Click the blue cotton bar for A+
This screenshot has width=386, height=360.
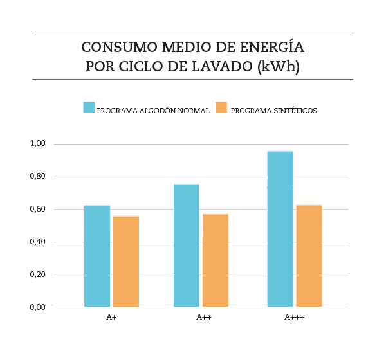coord(97,256)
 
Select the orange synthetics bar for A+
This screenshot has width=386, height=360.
coord(126,262)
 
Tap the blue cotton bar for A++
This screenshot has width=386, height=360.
coord(187,246)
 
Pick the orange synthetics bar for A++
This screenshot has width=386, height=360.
coord(216,260)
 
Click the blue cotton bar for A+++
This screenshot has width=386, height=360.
coord(280,230)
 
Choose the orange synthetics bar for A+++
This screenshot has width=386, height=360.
coord(309,256)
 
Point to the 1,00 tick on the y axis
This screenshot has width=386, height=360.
coord(37,143)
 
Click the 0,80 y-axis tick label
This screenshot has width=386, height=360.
coord(37,176)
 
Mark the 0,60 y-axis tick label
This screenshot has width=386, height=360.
coord(37,209)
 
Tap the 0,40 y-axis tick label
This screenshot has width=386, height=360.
coord(37,242)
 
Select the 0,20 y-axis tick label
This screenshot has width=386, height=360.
coord(37,274)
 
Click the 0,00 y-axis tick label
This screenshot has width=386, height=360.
coord(37,307)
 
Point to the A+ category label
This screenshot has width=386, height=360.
coord(111,318)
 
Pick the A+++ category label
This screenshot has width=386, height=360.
coord(294,318)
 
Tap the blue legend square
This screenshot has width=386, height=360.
coord(89,108)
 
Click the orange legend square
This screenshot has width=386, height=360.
coord(221,108)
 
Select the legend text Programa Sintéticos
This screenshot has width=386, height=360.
coord(273,111)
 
